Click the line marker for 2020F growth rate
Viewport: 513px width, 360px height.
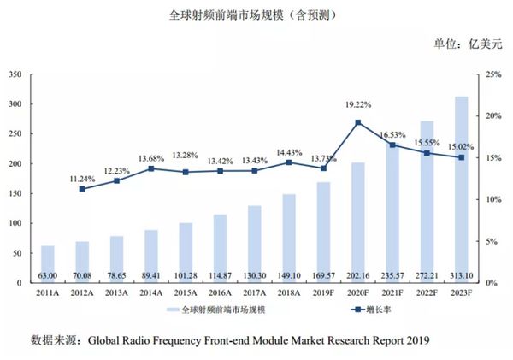click(x=357, y=122)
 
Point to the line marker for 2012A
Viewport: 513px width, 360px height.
click(x=81, y=189)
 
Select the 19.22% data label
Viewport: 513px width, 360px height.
click(x=357, y=104)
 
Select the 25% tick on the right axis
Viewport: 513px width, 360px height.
click(x=492, y=74)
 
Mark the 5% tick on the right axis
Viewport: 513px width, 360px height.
click(x=490, y=241)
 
